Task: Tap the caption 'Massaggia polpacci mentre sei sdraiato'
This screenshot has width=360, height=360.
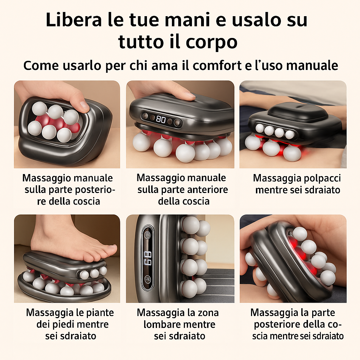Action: tap(297, 184)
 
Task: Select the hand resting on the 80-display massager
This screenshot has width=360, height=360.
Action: tap(165, 90)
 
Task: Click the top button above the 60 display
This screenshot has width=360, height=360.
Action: tap(148, 235)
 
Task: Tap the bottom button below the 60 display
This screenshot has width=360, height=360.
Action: tap(148, 279)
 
